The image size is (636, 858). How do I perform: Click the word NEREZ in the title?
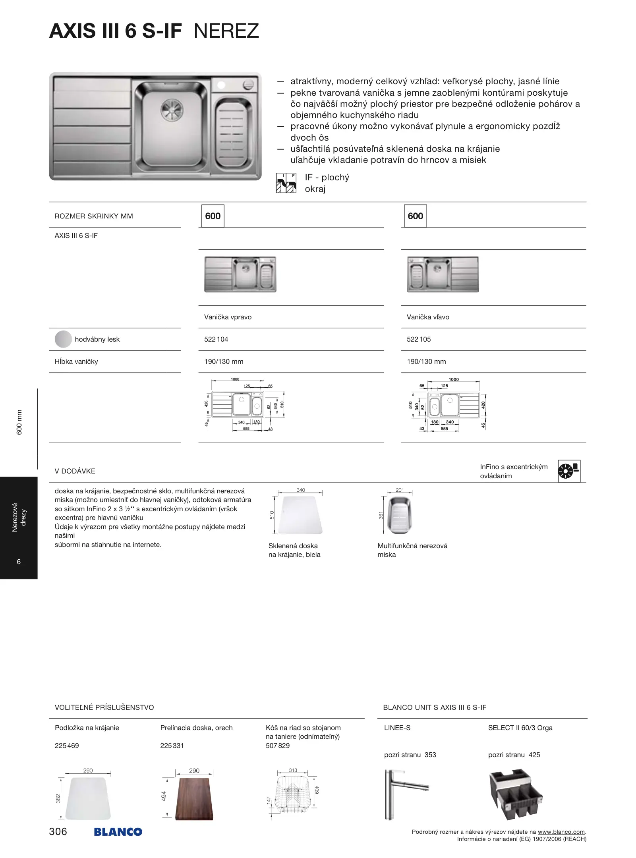coord(226,31)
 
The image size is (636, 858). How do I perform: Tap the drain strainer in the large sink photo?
coord(172,108)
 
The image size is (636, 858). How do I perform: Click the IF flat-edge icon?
coord(286,183)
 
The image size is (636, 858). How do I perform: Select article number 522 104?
coord(216,339)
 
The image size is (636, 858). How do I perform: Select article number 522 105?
coord(419,339)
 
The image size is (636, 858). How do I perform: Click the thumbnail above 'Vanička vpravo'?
coord(240,274)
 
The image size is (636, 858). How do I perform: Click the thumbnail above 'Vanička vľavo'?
coord(443,274)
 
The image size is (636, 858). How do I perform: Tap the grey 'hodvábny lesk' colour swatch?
coord(63,339)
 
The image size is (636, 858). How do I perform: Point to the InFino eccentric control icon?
coord(569,471)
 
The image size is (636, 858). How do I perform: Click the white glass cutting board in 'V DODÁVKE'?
coord(300,515)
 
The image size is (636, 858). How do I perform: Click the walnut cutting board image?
coord(194,799)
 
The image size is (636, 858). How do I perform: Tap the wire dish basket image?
coord(292,793)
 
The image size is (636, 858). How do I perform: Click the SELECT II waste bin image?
coord(515,794)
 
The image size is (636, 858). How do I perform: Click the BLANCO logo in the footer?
coord(118,832)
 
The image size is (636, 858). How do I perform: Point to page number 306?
coord(58,831)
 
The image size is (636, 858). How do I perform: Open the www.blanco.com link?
coord(561,832)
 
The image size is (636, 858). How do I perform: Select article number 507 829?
coord(278,746)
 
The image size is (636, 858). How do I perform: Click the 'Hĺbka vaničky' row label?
coord(76,361)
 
